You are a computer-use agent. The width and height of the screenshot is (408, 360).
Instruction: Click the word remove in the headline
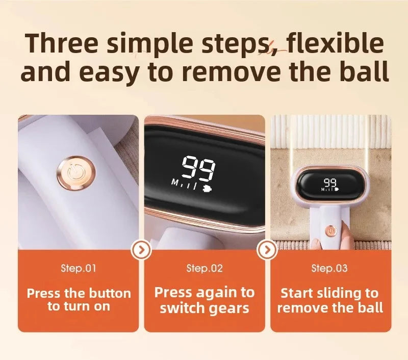tap(224, 72)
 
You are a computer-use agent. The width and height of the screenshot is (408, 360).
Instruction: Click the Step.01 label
tap(79, 268)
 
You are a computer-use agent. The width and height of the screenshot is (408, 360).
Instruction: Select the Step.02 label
tap(205, 268)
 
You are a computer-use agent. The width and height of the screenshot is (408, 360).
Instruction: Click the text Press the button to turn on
tap(79, 300)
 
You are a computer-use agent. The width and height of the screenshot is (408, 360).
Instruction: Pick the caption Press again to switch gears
tap(205, 300)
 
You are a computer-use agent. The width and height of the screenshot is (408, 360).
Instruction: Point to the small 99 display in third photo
tap(329, 182)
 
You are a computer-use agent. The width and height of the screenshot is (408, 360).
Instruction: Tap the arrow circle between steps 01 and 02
tap(141, 250)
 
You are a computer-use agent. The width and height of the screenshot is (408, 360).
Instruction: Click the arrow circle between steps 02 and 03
tap(267, 250)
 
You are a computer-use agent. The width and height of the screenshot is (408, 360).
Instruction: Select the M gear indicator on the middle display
tap(175, 183)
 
